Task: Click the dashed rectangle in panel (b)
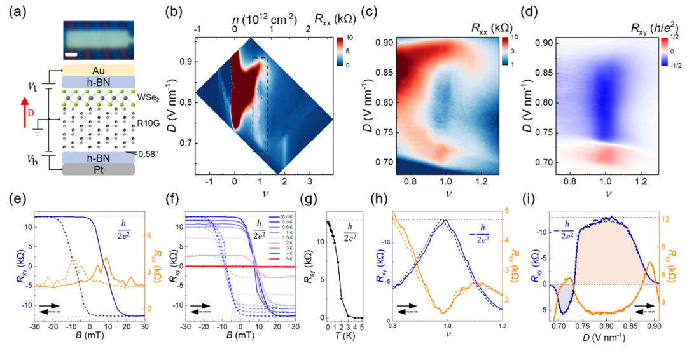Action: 260,104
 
